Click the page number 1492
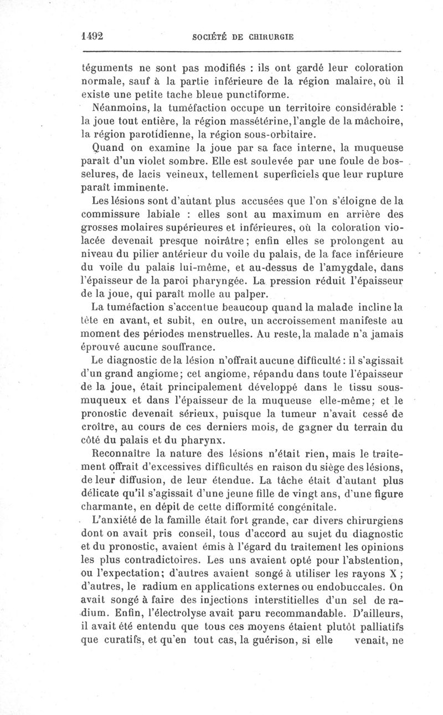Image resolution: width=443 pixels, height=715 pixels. (x=93, y=36)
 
